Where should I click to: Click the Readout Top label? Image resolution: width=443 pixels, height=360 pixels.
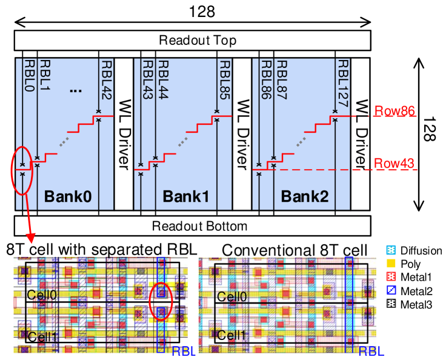tap(197, 41)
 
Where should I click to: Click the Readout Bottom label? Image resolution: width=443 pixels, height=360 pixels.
tap(199, 226)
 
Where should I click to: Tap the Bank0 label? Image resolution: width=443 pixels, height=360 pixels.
tap(68, 196)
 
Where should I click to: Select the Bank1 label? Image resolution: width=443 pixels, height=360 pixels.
tap(186, 196)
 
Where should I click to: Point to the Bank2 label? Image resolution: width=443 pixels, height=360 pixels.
tap(304, 196)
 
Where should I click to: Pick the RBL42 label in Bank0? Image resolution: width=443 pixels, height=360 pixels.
tap(107, 79)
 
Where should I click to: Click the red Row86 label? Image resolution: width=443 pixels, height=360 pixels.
tap(394, 112)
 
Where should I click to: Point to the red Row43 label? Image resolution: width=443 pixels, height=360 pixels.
tap(395, 163)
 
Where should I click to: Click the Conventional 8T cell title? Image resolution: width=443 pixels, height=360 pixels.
tap(294, 250)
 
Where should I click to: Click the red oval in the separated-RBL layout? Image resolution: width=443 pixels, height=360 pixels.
tap(161, 301)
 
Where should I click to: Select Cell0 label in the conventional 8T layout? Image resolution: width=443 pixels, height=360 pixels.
tap(231, 296)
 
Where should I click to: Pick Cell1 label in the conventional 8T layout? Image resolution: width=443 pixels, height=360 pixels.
tap(231, 335)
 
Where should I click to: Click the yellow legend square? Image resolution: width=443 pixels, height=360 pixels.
tap(391, 264)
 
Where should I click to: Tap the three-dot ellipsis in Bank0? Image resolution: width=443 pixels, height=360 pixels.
tap(76, 90)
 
